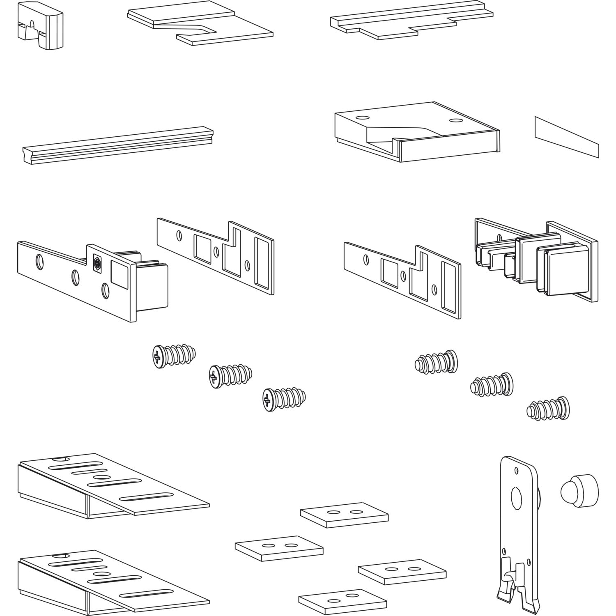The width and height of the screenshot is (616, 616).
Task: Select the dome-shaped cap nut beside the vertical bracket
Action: (578, 491)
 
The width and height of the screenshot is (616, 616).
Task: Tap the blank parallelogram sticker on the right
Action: (567, 137)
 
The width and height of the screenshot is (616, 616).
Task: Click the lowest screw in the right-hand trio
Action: (548, 408)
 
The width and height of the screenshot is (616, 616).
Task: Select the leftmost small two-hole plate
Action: (279, 548)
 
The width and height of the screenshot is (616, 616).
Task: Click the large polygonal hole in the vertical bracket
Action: (516, 498)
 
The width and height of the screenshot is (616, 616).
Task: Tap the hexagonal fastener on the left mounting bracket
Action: (98, 263)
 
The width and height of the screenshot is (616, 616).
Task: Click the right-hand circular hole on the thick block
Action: (455, 121)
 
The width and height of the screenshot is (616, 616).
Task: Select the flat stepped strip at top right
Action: (411, 23)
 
